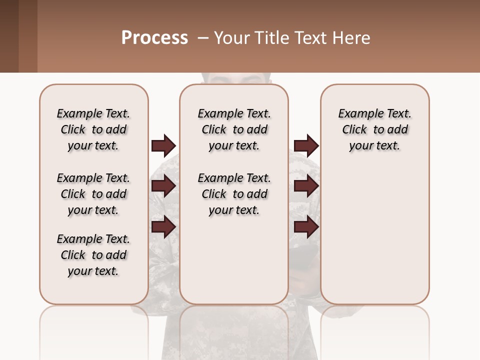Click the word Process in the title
[154, 38]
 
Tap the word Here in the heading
[352, 38]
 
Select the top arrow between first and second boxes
[163, 146]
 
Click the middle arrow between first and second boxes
[163, 186]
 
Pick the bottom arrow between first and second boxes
[163, 227]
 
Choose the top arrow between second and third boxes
[306, 146]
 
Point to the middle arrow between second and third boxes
[306, 186]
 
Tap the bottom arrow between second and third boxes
[306, 227]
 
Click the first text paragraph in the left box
[93, 129]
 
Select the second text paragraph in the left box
[93, 194]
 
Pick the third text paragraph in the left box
[93, 255]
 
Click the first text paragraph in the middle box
[234, 129]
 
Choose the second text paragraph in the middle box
[234, 194]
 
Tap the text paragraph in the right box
[375, 129]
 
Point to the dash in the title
[203, 38]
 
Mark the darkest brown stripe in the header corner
[9, 36]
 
